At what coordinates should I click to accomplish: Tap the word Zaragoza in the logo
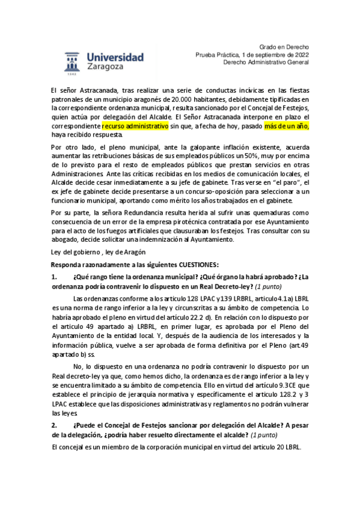[108, 68]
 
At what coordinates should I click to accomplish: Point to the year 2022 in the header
[300, 55]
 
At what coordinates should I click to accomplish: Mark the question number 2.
[54, 424]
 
